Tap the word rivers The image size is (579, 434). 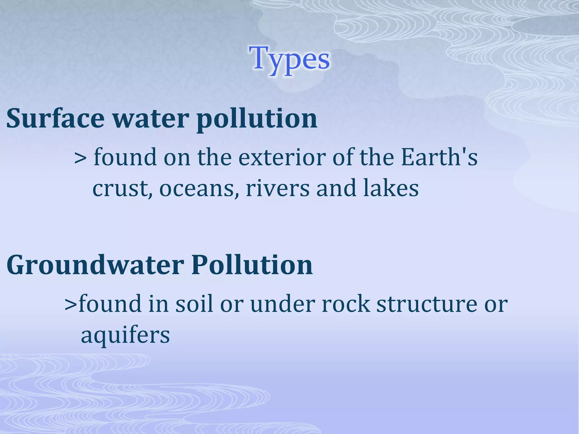pos(277,189)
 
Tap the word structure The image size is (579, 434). pos(427,304)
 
